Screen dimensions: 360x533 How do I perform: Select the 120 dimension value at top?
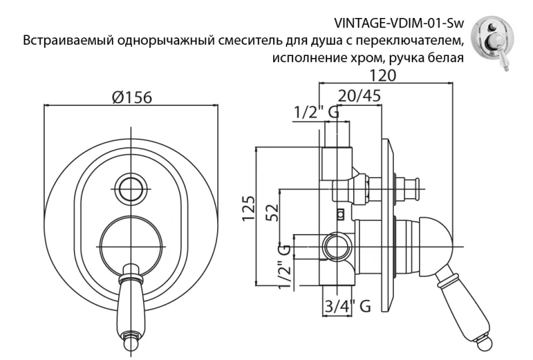(x=386, y=75)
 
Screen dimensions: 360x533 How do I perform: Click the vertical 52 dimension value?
(x=270, y=214)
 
